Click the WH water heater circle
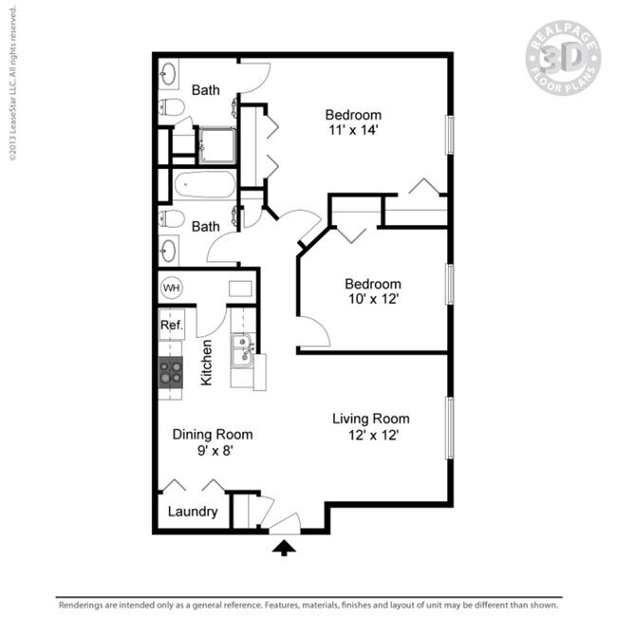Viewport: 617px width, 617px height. point(172,287)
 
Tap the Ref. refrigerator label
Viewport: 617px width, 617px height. point(171,326)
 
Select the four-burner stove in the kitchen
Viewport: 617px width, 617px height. point(171,372)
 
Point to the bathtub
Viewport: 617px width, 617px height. point(203,184)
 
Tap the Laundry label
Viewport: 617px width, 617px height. point(193,512)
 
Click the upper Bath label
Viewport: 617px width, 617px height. point(206,90)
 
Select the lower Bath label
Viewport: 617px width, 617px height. point(206,227)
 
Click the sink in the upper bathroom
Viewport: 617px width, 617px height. point(171,72)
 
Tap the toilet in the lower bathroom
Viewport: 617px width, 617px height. point(172,218)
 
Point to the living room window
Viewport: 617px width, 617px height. point(450,428)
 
